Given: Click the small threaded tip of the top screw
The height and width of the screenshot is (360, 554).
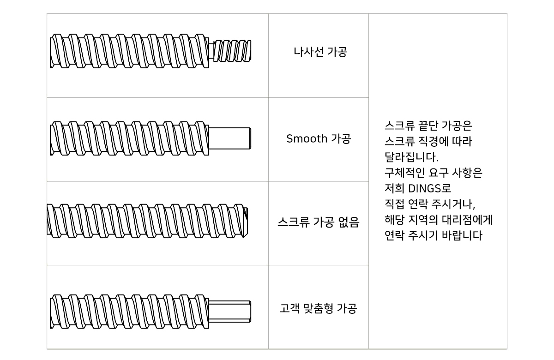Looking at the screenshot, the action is [232, 51].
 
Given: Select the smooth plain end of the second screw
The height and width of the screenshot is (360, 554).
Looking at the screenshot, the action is [230, 138].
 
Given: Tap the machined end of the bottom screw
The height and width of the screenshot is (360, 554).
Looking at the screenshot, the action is [230, 312].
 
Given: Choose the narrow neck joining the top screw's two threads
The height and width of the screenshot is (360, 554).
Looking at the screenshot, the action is [211, 51].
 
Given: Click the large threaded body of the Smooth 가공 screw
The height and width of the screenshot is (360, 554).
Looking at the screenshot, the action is [129, 138].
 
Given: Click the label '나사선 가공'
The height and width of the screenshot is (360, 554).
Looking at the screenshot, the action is [320, 52].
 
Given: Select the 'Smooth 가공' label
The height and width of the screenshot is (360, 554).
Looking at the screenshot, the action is [319, 139].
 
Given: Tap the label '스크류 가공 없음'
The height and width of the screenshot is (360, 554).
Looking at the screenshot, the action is [318, 222].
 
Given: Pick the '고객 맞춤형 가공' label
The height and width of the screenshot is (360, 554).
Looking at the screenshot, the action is [318, 308].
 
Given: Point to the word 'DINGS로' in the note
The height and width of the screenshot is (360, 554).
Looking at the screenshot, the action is [430, 188].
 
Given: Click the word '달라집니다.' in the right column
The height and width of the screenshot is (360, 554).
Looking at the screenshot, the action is [411, 157].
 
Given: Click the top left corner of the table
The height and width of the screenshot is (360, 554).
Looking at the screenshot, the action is [47, 14].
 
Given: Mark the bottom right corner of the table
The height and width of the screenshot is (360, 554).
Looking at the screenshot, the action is [507, 349].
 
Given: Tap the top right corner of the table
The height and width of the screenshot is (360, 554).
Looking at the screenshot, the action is [507, 14].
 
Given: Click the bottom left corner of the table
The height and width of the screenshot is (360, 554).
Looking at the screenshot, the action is [47, 349].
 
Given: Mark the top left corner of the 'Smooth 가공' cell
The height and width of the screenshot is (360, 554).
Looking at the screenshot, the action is [269, 97].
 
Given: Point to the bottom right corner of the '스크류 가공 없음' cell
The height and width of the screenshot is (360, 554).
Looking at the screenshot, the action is [368, 265].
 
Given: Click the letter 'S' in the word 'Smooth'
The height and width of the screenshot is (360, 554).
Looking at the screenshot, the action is [289, 139].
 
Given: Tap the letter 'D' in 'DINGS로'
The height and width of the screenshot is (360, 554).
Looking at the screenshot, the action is [412, 188].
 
